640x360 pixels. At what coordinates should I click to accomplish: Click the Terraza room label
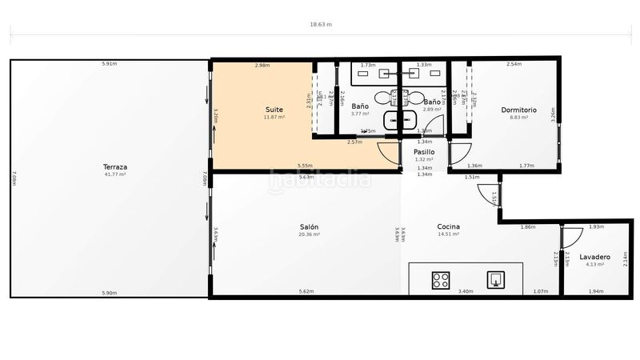pos(115,167)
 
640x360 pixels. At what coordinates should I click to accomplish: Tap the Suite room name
pos(274,110)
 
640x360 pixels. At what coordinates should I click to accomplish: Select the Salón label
pos(309,226)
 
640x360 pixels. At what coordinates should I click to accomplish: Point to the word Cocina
pos(448,226)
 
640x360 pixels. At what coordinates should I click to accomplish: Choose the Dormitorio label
pos(518,110)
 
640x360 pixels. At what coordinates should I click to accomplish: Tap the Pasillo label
pos(424,151)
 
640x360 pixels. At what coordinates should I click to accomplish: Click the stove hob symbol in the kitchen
pos(441,280)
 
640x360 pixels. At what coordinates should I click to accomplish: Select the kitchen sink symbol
pos(496,279)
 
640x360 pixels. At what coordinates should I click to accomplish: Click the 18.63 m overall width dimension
pos(321,25)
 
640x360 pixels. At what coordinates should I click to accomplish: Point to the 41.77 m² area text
pos(115,174)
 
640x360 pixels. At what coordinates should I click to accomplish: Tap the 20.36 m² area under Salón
pos(309,234)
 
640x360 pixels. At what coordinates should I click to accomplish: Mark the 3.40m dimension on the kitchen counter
pos(464,292)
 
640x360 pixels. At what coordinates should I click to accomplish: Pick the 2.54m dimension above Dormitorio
pos(514,64)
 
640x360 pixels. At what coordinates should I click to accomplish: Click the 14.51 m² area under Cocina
pos(448,234)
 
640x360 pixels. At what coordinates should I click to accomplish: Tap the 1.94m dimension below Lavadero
pos(595,292)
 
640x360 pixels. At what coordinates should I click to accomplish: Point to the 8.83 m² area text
pos(518,118)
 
